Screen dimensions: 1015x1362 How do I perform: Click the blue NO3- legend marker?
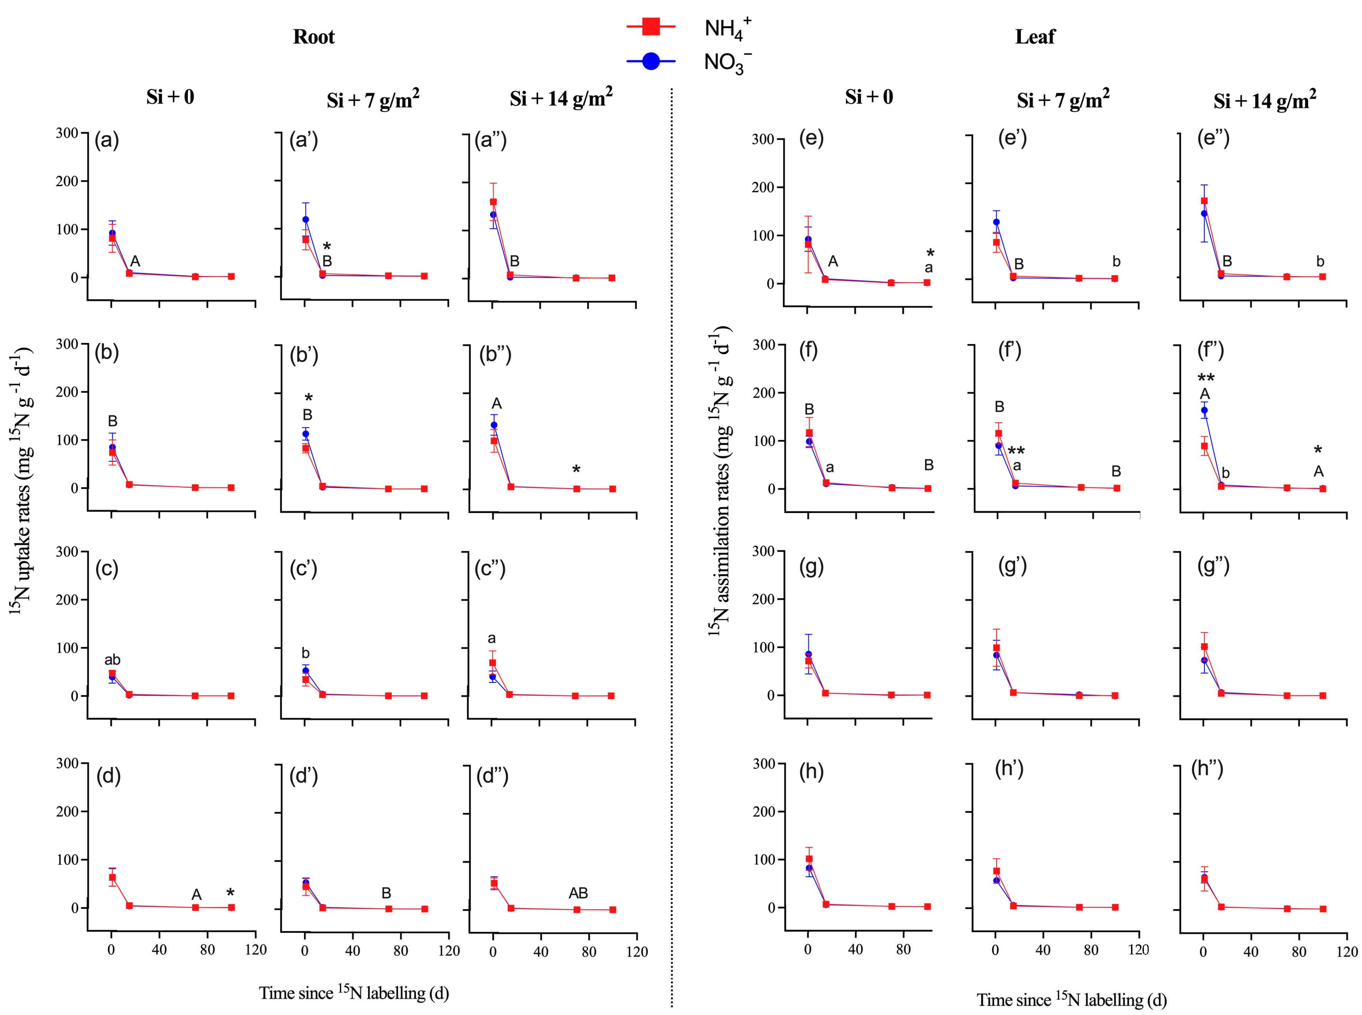coord(651,61)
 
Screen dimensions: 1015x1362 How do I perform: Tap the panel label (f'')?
coord(1210,351)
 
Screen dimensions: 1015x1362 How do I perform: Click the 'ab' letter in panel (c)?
coord(112,660)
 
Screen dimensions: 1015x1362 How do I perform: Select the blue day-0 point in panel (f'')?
coord(1204,410)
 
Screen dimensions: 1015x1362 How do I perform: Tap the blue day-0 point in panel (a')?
coord(305,219)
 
